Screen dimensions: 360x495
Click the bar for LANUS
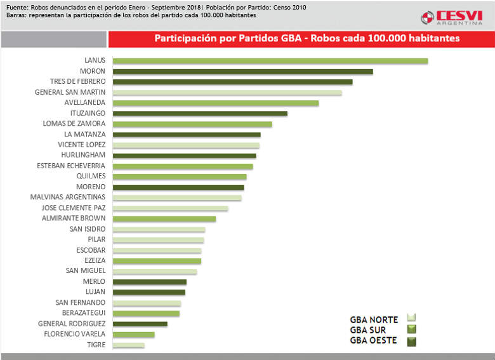click(x=270, y=61)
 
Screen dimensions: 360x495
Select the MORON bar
click(x=242, y=72)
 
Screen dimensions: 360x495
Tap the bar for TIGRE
click(x=129, y=345)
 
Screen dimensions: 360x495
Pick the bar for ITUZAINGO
click(x=200, y=114)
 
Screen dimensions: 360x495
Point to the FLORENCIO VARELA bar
click(x=134, y=335)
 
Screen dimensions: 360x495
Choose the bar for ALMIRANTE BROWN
click(x=164, y=219)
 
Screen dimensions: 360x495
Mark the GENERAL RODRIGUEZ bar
click(x=140, y=324)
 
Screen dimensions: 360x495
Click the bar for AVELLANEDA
click(x=216, y=103)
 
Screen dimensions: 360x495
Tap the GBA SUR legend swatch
click(x=411, y=329)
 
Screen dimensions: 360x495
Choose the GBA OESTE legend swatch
click(x=411, y=340)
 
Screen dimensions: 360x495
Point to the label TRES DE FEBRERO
click(x=77, y=82)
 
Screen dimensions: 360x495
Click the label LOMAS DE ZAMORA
click(x=74, y=124)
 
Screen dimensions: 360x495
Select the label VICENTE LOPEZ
click(x=81, y=145)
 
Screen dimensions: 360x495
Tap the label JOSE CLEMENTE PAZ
click(x=74, y=208)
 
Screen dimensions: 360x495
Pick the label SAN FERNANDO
click(x=80, y=302)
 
